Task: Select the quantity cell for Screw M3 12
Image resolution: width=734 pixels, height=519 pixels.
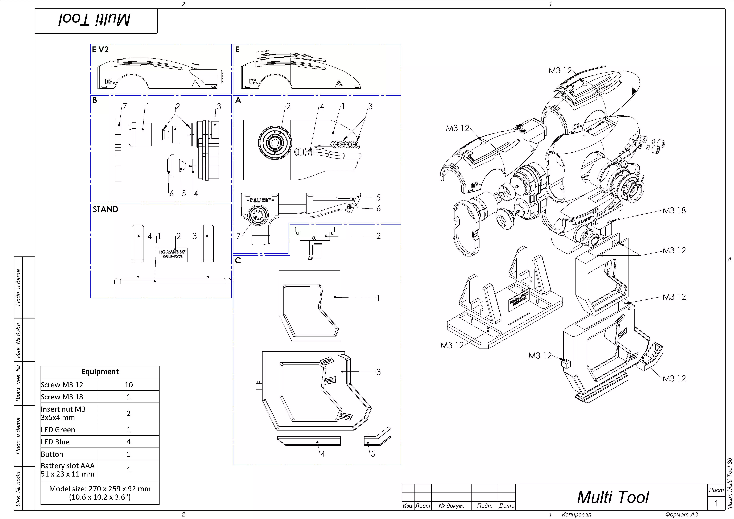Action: coord(128,385)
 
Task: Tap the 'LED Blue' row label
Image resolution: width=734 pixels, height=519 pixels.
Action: coord(55,442)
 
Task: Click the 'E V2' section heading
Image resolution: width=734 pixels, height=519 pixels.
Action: coord(100,50)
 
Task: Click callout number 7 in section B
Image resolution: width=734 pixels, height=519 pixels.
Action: coord(125,107)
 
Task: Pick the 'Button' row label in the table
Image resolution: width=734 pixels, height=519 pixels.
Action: coord(52,454)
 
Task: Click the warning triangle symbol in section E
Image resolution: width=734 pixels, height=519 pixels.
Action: coord(339,84)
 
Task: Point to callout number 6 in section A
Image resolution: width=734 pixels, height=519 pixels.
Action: coord(379,209)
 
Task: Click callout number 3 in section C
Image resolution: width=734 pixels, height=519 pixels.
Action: coord(379,372)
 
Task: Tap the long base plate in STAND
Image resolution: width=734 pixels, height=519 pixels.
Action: coord(173,281)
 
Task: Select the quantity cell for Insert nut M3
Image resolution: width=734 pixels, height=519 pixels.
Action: coord(128,413)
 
